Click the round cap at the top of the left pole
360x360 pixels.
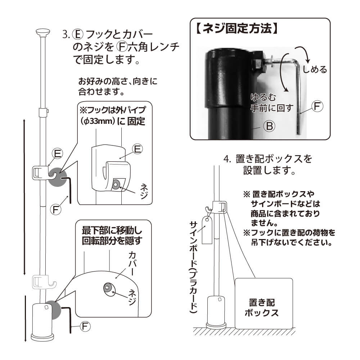[x=43, y=32]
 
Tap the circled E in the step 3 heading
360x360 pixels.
[x=78, y=35]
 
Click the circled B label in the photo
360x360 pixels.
[x=269, y=126]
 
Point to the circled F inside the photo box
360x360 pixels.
[x=317, y=107]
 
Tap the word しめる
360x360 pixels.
[x=315, y=69]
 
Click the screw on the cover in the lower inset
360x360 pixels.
[x=108, y=287]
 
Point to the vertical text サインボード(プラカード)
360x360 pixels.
[x=193, y=266]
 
